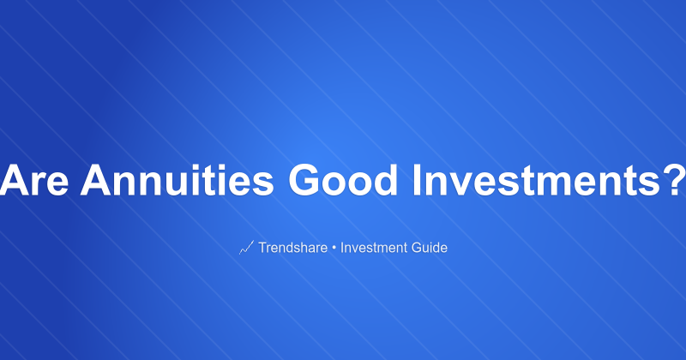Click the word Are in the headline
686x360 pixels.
[x=39, y=182]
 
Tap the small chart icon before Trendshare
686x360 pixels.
[x=246, y=248]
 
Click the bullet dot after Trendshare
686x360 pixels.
[x=334, y=248]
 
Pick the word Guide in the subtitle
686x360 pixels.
[x=430, y=248]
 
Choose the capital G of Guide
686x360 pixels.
[x=418, y=248]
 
